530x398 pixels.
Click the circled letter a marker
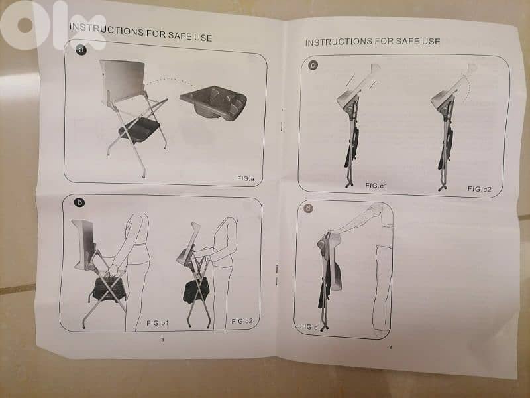(x=81, y=51)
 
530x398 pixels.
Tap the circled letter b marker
(x=79, y=202)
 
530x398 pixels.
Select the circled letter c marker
(x=313, y=65)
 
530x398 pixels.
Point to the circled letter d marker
(x=308, y=208)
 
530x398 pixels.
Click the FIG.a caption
(x=246, y=178)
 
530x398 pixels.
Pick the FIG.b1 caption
(x=158, y=323)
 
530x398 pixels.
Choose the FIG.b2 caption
(x=242, y=321)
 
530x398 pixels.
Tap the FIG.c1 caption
(x=376, y=186)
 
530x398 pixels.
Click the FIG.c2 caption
(x=479, y=189)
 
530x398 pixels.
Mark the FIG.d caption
(x=309, y=326)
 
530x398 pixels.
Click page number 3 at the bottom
(x=162, y=340)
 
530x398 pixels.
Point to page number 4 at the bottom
(x=391, y=347)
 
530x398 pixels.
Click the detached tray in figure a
(x=213, y=102)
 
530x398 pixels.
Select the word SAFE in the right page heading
(x=408, y=42)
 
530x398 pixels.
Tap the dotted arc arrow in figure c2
(x=466, y=89)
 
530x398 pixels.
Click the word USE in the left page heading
(x=203, y=37)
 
